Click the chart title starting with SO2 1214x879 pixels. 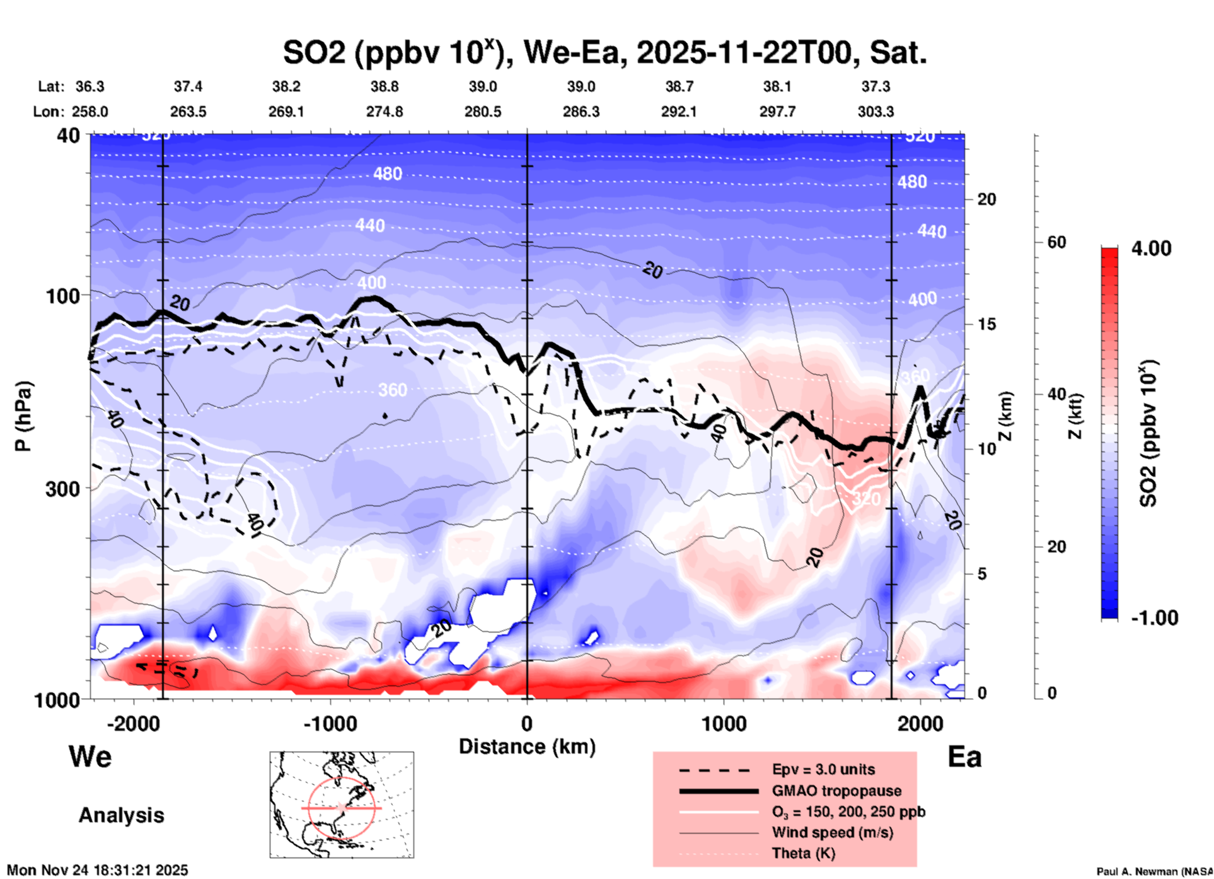[604, 52]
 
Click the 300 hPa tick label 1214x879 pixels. [63, 489]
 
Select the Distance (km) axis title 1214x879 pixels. [527, 747]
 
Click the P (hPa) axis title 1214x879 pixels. [23, 416]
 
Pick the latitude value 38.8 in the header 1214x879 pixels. [384, 86]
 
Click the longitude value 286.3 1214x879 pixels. [581, 112]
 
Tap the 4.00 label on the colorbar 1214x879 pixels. [1151, 248]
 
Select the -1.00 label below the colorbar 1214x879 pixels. [1154, 618]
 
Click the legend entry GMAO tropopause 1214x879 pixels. [836, 791]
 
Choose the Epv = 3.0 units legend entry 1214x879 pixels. [823, 769]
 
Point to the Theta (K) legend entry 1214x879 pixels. [804, 853]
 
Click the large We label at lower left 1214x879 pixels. [90, 757]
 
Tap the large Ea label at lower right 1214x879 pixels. [964, 757]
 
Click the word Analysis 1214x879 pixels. [121, 815]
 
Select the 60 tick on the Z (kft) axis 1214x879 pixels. [1056, 242]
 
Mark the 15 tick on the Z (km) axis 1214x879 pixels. [986, 324]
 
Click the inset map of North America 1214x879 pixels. [342, 805]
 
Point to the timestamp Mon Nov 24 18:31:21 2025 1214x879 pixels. [97, 870]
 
